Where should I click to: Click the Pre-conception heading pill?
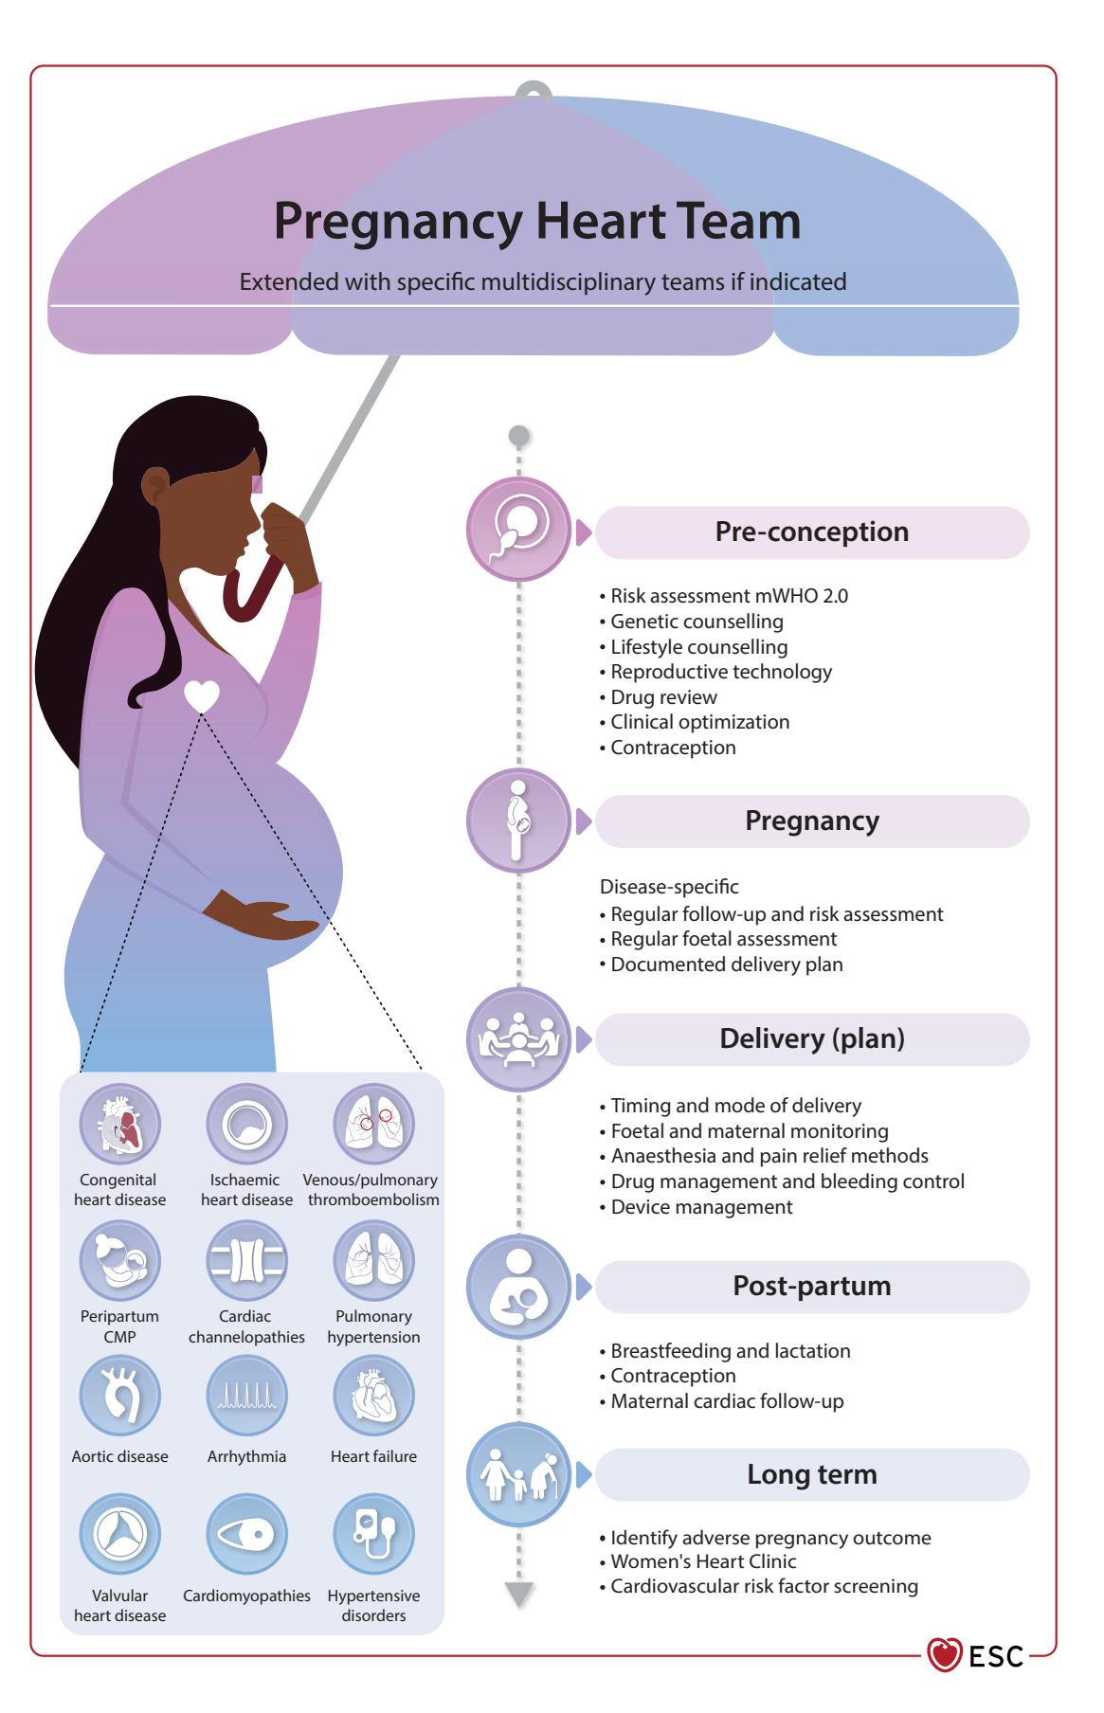point(811,532)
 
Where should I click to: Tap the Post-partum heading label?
point(811,1286)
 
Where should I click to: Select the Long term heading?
point(811,1474)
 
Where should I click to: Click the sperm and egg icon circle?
point(518,530)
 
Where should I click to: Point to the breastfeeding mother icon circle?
point(518,1287)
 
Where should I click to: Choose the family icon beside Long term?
point(518,1474)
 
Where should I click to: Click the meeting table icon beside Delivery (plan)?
point(518,1039)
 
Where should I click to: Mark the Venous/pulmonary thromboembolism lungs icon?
point(373,1125)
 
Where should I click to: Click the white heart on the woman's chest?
point(201,696)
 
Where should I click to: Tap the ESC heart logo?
point(944,1655)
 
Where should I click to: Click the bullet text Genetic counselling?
point(697,622)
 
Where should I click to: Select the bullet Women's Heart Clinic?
point(703,1561)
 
